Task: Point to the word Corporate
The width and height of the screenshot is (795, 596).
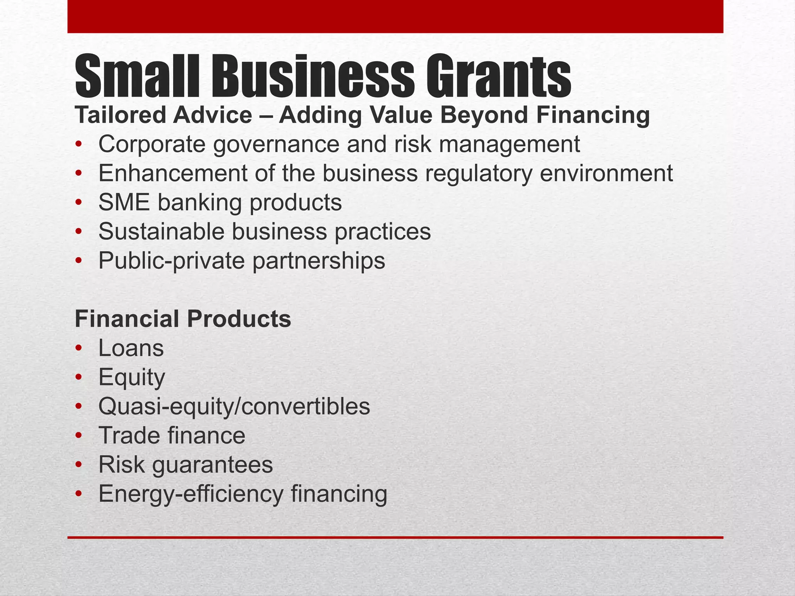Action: coord(152,144)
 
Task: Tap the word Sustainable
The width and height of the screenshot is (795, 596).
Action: coord(161,231)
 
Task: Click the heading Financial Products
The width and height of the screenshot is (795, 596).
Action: coord(182,319)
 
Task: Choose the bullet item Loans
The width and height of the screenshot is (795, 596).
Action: coord(131,348)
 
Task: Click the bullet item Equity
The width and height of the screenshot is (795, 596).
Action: coord(132,377)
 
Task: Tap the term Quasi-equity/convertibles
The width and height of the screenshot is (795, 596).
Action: coord(234,406)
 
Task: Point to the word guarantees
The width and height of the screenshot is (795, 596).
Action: coord(212,465)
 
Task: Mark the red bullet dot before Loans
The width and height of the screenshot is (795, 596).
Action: coord(79,348)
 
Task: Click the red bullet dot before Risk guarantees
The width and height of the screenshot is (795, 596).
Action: coord(79,465)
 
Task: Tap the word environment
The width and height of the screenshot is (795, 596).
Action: coord(606,173)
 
